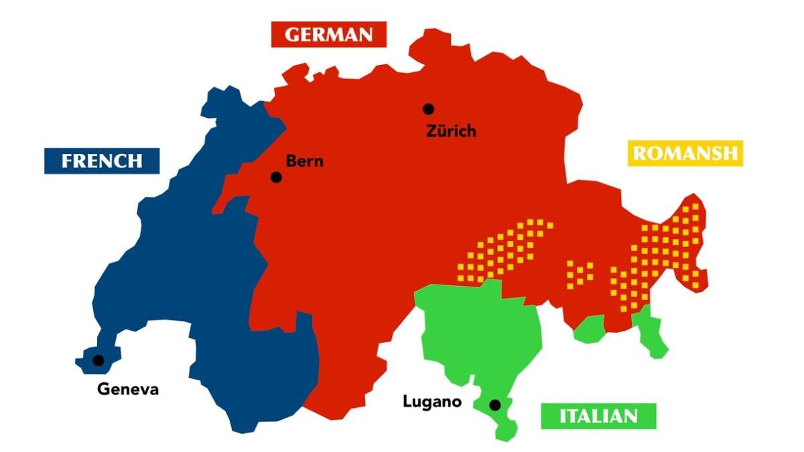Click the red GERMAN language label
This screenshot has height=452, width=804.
(329, 34)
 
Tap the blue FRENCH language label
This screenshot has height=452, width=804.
(102, 161)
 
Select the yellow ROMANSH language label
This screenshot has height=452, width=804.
(685, 153)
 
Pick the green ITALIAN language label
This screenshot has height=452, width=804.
(598, 416)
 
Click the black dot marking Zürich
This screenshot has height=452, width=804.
(428, 109)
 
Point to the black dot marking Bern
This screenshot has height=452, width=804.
(275, 177)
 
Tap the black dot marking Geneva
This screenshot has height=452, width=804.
(98, 360)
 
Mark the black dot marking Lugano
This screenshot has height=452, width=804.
(494, 405)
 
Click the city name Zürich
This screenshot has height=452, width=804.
(451, 131)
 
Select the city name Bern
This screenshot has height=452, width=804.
(304, 161)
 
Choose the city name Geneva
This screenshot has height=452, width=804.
(128, 389)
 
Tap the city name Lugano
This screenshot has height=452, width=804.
(432, 402)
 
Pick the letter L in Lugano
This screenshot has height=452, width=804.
(407, 402)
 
